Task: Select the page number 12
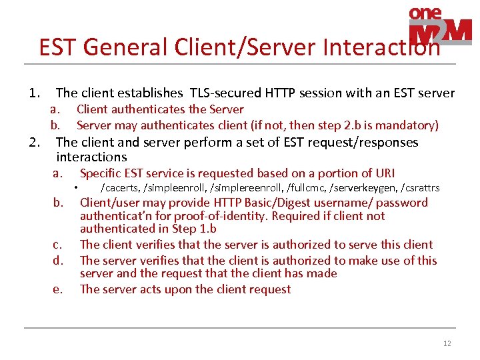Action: [447, 343]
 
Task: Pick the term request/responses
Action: [365, 143]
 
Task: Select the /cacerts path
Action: [118, 188]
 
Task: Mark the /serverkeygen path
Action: [364, 188]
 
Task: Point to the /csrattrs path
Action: [420, 188]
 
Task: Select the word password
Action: [403, 203]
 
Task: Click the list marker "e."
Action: [58, 289]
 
